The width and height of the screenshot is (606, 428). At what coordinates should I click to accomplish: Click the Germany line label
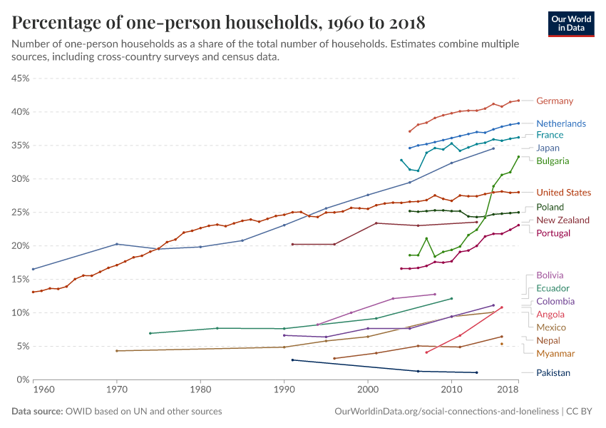click(x=554, y=101)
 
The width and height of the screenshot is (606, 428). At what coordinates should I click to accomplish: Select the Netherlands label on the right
click(x=560, y=123)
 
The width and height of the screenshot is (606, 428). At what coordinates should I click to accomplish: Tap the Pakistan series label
click(x=553, y=372)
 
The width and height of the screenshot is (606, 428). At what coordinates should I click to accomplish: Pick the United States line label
click(x=563, y=193)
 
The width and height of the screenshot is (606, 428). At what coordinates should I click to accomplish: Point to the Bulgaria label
click(x=553, y=160)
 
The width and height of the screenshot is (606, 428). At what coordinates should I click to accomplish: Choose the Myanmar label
click(x=555, y=353)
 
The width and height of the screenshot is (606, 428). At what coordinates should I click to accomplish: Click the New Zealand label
click(x=563, y=220)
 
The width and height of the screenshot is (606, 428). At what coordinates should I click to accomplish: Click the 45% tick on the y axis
click(x=19, y=78)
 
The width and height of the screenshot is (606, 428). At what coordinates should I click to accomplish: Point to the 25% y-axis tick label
click(x=19, y=212)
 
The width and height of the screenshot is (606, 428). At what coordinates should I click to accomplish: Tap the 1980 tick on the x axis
click(x=200, y=389)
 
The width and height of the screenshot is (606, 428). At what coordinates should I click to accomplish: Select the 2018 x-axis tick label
click(x=508, y=389)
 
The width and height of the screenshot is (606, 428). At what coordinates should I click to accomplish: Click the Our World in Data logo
click(x=570, y=23)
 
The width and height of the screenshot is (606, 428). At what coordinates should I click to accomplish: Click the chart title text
click(x=218, y=23)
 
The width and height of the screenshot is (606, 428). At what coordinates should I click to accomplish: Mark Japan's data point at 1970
click(x=117, y=244)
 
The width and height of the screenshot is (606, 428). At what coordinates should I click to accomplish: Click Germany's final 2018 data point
click(x=518, y=101)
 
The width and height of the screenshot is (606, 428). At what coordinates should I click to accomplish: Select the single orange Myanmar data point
click(x=502, y=344)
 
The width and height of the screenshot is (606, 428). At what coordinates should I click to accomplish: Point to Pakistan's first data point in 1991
click(x=292, y=360)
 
